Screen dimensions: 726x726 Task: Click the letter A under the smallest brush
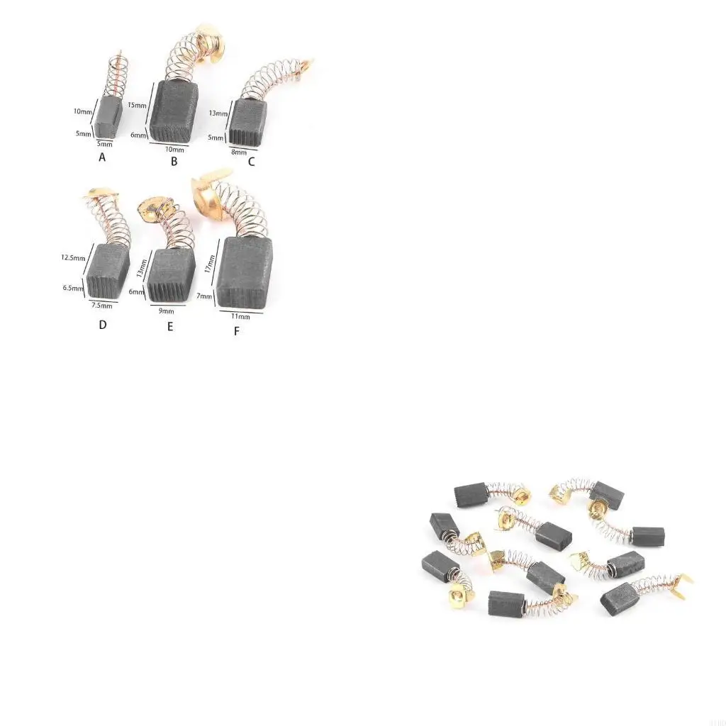[102, 157]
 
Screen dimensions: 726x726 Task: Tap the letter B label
[174, 161]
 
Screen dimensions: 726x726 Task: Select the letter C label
[251, 162]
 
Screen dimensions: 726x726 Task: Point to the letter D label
[103, 325]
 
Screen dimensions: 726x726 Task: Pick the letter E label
[170, 326]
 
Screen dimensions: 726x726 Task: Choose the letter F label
[236, 330]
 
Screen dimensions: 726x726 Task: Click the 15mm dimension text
[138, 105]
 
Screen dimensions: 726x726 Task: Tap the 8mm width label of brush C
[239, 151]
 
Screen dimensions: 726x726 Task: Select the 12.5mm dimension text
[73, 259]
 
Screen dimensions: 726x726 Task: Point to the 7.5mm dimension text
[101, 306]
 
